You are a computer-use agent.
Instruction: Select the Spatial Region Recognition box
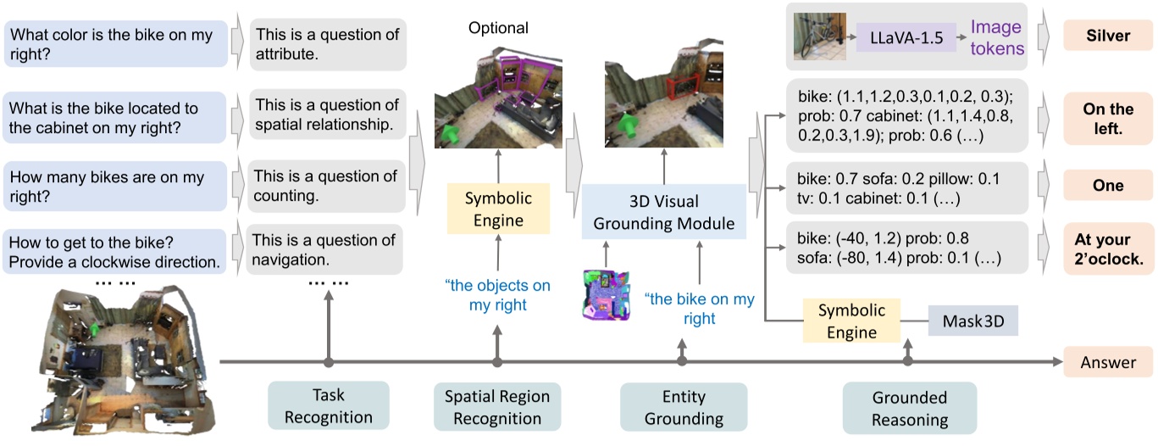(x=497, y=407)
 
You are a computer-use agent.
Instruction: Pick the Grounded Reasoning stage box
(x=909, y=408)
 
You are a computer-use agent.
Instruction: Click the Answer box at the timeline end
(x=1108, y=362)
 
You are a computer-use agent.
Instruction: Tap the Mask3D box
(x=972, y=322)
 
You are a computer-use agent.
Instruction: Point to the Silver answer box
(x=1108, y=36)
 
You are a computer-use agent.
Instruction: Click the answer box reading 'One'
(x=1108, y=186)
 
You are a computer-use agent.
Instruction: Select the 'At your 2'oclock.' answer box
(x=1108, y=250)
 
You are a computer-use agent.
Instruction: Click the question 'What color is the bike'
(x=116, y=44)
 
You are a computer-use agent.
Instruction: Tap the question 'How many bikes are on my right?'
(x=116, y=187)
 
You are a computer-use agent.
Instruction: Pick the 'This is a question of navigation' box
(x=325, y=250)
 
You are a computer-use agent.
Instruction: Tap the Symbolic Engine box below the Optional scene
(x=497, y=209)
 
